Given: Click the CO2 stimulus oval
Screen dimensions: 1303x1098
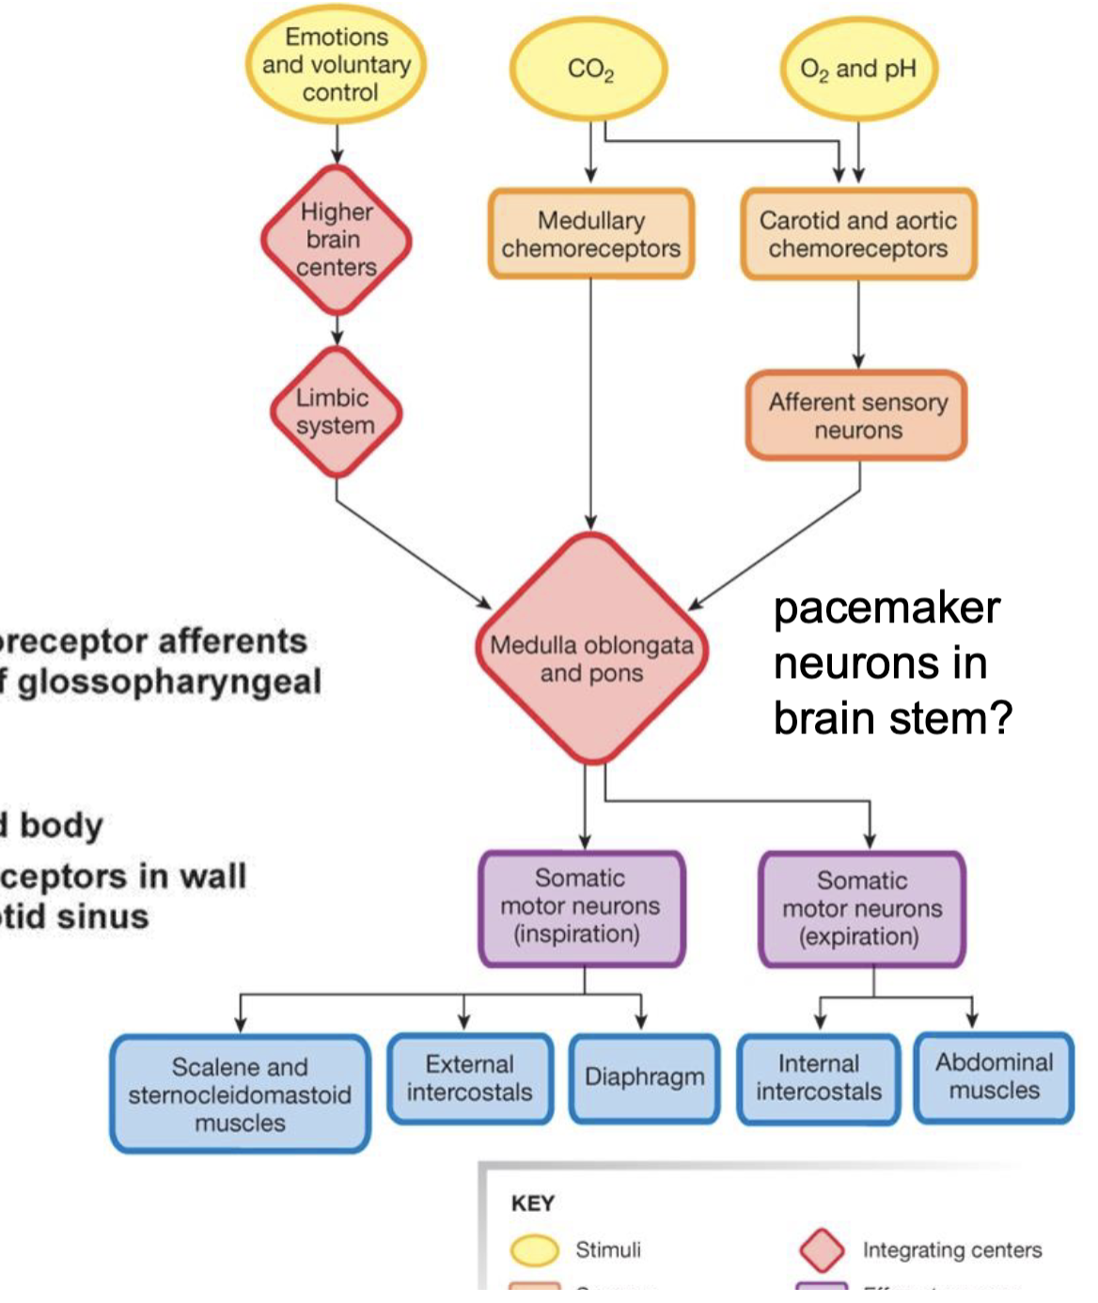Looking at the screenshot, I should pos(589,70).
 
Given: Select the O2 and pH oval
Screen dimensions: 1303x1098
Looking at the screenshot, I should pos(858,70).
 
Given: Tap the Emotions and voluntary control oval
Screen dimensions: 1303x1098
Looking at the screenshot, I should pos(337,64).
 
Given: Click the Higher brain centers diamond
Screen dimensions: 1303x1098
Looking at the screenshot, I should pos(337,240).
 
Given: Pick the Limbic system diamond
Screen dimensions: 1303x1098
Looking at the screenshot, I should pos(336,412).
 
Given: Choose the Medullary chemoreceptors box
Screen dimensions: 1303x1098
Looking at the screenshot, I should pos(591,234).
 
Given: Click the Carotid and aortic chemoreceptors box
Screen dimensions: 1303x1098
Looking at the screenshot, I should pos(858,234).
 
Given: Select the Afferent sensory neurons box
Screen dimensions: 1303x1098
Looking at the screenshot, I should pos(857,416).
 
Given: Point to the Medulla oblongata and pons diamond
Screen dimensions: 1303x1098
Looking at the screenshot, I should pos(591,649).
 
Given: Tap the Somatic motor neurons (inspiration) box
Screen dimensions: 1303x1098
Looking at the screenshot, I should pos(581,907).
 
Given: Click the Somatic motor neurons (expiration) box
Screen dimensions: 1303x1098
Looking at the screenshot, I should pos(862,909).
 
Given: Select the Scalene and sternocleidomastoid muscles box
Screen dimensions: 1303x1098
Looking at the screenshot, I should pos(240,1094).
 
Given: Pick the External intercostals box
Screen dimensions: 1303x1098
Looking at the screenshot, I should pos(469,1078).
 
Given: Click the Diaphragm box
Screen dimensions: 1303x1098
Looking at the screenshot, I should pos(644,1077).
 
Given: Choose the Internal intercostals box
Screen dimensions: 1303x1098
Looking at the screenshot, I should pos(819,1078).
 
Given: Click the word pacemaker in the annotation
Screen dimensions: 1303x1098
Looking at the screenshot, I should pos(886,607).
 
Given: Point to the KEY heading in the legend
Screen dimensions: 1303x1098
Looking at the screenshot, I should pos(532,1203).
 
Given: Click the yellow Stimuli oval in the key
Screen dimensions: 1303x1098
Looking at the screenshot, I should pos(534,1249).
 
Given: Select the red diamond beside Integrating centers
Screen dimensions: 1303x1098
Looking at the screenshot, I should pos(822,1249).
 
